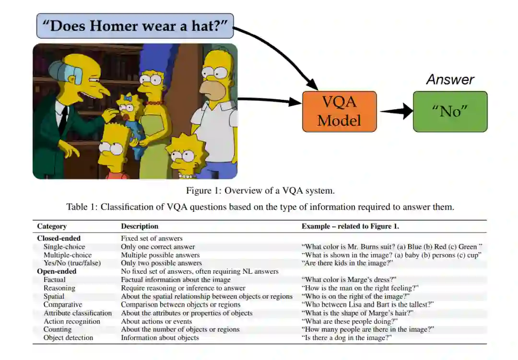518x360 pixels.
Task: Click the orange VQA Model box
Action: point(339,111)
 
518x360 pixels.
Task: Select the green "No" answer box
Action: point(450,111)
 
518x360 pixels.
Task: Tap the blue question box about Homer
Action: point(135,26)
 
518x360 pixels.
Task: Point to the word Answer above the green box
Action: point(450,80)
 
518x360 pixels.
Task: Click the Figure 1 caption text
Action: point(260,191)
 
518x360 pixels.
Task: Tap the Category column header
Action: point(52,226)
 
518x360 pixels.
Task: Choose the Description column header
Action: point(140,226)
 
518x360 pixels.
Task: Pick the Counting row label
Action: point(58,329)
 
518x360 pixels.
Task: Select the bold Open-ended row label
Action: point(57,271)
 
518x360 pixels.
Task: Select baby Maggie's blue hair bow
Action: point(128,97)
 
